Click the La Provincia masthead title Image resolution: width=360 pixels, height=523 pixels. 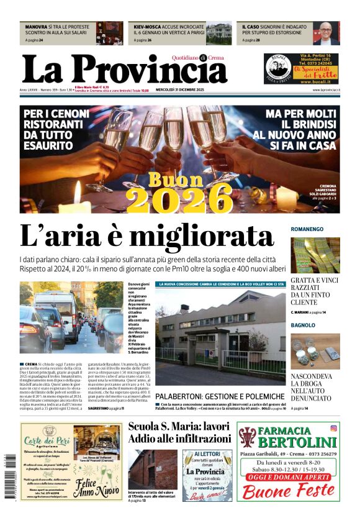click(124, 70)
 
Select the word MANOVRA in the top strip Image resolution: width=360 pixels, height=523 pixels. click(36, 27)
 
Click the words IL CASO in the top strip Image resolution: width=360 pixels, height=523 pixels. click(252, 27)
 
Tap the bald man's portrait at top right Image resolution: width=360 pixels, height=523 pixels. click(326, 34)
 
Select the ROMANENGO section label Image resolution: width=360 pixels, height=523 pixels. click(307, 229)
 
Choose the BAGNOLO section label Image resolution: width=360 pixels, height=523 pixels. click(304, 325)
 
